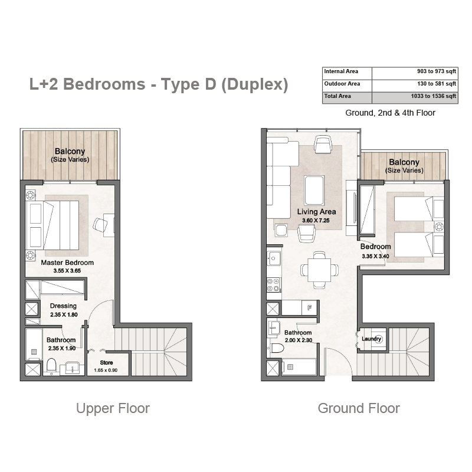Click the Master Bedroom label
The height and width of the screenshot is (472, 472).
pyautogui.click(x=67, y=263)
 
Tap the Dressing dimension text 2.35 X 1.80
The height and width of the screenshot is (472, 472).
pyautogui.click(x=64, y=314)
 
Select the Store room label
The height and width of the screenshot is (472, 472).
pyautogui.click(x=106, y=362)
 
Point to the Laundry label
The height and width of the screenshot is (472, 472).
pyautogui.click(x=372, y=339)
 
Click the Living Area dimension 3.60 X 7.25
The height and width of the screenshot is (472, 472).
pyautogui.click(x=316, y=220)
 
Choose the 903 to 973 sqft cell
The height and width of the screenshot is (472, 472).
pyautogui.click(x=437, y=71)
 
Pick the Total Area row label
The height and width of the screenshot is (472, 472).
pyautogui.click(x=337, y=96)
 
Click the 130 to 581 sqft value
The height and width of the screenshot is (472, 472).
pyautogui.click(x=437, y=84)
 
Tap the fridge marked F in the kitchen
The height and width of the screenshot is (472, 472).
pyautogui.click(x=309, y=307)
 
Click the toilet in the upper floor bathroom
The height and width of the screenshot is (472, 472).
pyautogui.click(x=51, y=365)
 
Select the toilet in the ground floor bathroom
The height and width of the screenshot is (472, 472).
pyautogui.click(x=277, y=349)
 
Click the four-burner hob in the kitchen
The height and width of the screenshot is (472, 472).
pyautogui.click(x=273, y=285)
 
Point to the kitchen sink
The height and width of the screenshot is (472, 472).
pyautogui.click(x=274, y=258)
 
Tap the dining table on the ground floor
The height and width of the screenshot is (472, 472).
pyautogui.click(x=319, y=270)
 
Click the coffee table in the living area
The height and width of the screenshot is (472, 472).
pyautogui.click(x=314, y=191)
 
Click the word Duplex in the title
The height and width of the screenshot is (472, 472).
pyautogui.click(x=255, y=84)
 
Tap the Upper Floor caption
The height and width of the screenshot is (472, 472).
pyautogui.click(x=113, y=408)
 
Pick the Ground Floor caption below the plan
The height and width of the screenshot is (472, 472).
pyautogui.click(x=359, y=408)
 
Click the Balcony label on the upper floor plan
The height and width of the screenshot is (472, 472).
pyautogui.click(x=70, y=151)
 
